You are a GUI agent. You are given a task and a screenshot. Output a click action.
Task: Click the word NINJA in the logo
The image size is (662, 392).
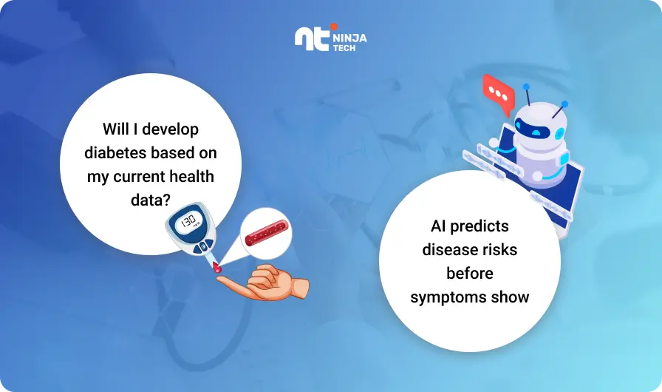tap(349, 38)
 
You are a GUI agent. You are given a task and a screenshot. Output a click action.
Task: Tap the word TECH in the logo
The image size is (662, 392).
tap(344, 48)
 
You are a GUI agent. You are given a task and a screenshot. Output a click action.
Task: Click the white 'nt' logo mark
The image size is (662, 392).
tap(312, 39)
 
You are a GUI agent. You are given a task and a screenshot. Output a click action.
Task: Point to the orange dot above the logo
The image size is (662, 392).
tap(333, 27)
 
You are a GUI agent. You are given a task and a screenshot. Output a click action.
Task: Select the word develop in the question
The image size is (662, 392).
tap(170, 129)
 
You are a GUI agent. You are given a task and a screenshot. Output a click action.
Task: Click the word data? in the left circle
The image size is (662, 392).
tap(150, 200)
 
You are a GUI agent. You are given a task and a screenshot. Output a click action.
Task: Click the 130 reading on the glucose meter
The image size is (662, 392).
tap(188, 220)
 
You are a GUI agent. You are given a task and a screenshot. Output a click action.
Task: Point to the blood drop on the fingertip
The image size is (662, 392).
tap(217, 268)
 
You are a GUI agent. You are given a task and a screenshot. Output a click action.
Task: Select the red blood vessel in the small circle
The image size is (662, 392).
tap(267, 233)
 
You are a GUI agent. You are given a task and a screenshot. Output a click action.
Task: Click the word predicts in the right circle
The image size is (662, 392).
tap(480, 226)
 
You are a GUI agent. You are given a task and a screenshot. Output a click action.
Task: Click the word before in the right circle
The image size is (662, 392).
tap(470, 274)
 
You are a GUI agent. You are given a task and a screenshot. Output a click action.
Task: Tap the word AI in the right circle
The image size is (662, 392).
tap(438, 226)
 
